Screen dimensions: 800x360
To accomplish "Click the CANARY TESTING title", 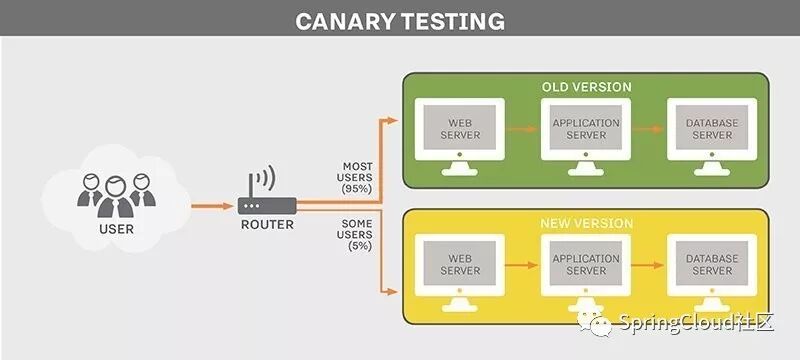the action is (400, 21).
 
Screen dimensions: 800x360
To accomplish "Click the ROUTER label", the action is (267, 224).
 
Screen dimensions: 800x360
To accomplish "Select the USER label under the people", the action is (116, 229).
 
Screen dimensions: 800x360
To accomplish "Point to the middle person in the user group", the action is (116, 197).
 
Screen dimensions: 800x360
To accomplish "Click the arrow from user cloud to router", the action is (212, 206).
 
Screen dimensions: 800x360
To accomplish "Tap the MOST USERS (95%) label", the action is (357, 177).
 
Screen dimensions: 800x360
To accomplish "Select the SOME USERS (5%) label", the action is (357, 235).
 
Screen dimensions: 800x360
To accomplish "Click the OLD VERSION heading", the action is (586, 87).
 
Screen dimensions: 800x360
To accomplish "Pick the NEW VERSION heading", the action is (586, 223).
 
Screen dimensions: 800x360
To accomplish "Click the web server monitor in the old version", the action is (460, 137).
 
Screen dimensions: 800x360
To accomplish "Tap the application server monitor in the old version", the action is (586, 137).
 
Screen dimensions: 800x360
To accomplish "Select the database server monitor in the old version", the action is (712, 137).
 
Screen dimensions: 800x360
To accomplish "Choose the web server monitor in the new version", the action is (460, 273).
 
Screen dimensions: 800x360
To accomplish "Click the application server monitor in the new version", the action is (586, 273).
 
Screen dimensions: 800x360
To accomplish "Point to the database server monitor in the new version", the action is (712, 273).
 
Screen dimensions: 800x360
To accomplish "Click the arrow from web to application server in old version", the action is (522, 129).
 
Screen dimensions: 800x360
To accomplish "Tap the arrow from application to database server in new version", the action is (648, 265).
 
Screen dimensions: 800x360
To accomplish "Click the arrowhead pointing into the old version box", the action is (392, 120).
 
